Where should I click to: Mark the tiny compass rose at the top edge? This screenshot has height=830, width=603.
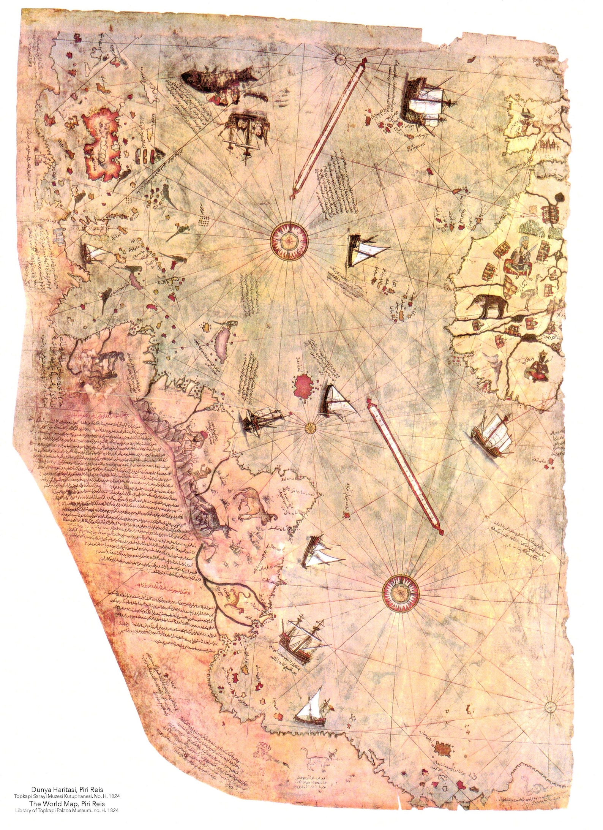[x=340, y=58]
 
